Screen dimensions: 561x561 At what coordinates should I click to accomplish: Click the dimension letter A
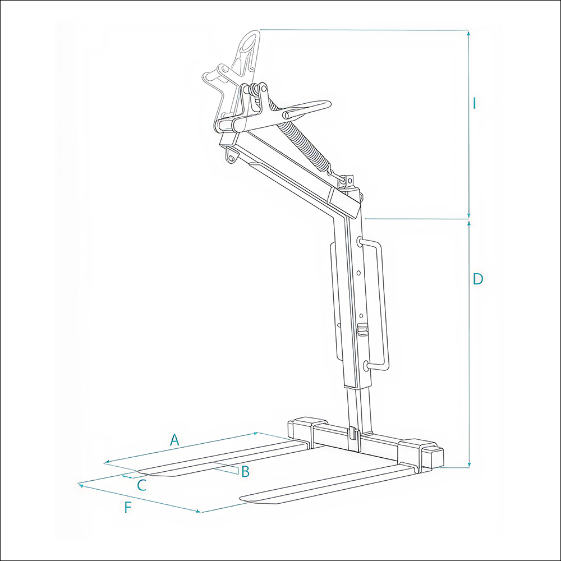174,440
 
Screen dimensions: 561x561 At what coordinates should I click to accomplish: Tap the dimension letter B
245,472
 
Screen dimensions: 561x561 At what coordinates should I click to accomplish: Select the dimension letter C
142,485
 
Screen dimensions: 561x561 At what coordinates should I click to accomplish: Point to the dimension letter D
478,279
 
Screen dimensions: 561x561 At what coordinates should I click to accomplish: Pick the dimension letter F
128,507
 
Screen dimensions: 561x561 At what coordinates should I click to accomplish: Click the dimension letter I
475,103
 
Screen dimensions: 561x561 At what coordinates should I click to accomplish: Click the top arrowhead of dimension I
468,33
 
